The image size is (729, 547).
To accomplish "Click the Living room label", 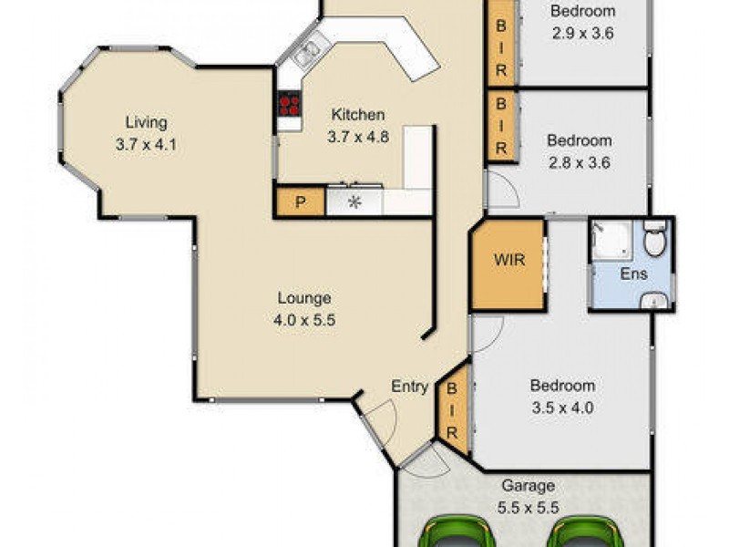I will pyautogui.click(x=146, y=122).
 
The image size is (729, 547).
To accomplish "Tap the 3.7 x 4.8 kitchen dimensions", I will pyautogui.click(x=357, y=136).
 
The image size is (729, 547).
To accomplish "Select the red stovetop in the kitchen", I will pyautogui.click(x=290, y=104).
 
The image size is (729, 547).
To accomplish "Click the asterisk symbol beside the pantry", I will pyautogui.click(x=354, y=202).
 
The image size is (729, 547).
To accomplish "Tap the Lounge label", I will pyautogui.click(x=303, y=298).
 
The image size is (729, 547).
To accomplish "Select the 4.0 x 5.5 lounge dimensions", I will pyautogui.click(x=303, y=319).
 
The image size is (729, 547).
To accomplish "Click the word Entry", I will pyautogui.click(x=410, y=387).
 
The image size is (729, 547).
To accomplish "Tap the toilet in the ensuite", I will pyautogui.click(x=654, y=241).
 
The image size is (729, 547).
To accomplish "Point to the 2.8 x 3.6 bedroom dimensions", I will pyautogui.click(x=578, y=163).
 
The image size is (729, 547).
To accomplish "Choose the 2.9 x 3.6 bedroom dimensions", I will pyautogui.click(x=582, y=34).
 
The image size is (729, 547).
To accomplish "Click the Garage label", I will pyautogui.click(x=527, y=487).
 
